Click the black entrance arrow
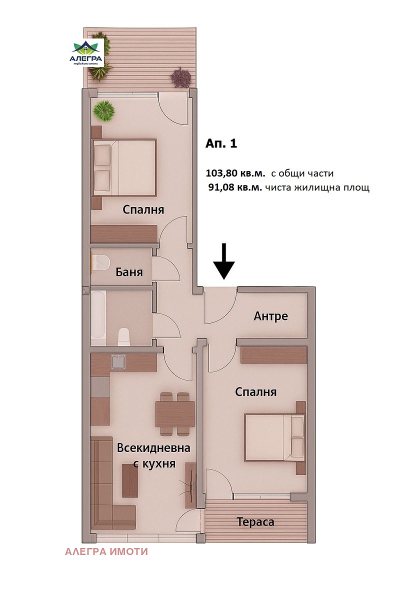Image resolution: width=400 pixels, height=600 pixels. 224,261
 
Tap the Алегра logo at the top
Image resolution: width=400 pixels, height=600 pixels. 87,53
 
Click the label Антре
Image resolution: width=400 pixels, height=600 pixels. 270,316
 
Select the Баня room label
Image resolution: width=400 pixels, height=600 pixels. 129,272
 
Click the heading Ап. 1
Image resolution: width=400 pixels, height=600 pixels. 221,143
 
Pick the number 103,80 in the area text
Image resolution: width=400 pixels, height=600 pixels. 221,173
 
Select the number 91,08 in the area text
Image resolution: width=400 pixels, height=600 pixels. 222,187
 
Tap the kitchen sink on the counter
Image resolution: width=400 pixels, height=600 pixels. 118,362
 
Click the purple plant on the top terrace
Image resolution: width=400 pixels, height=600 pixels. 181,77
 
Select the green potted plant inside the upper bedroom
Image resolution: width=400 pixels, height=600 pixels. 103,111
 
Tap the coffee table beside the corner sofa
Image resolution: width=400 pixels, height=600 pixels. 130,480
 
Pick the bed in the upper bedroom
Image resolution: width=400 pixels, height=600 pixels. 124,168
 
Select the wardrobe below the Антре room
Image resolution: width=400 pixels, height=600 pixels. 273,355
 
